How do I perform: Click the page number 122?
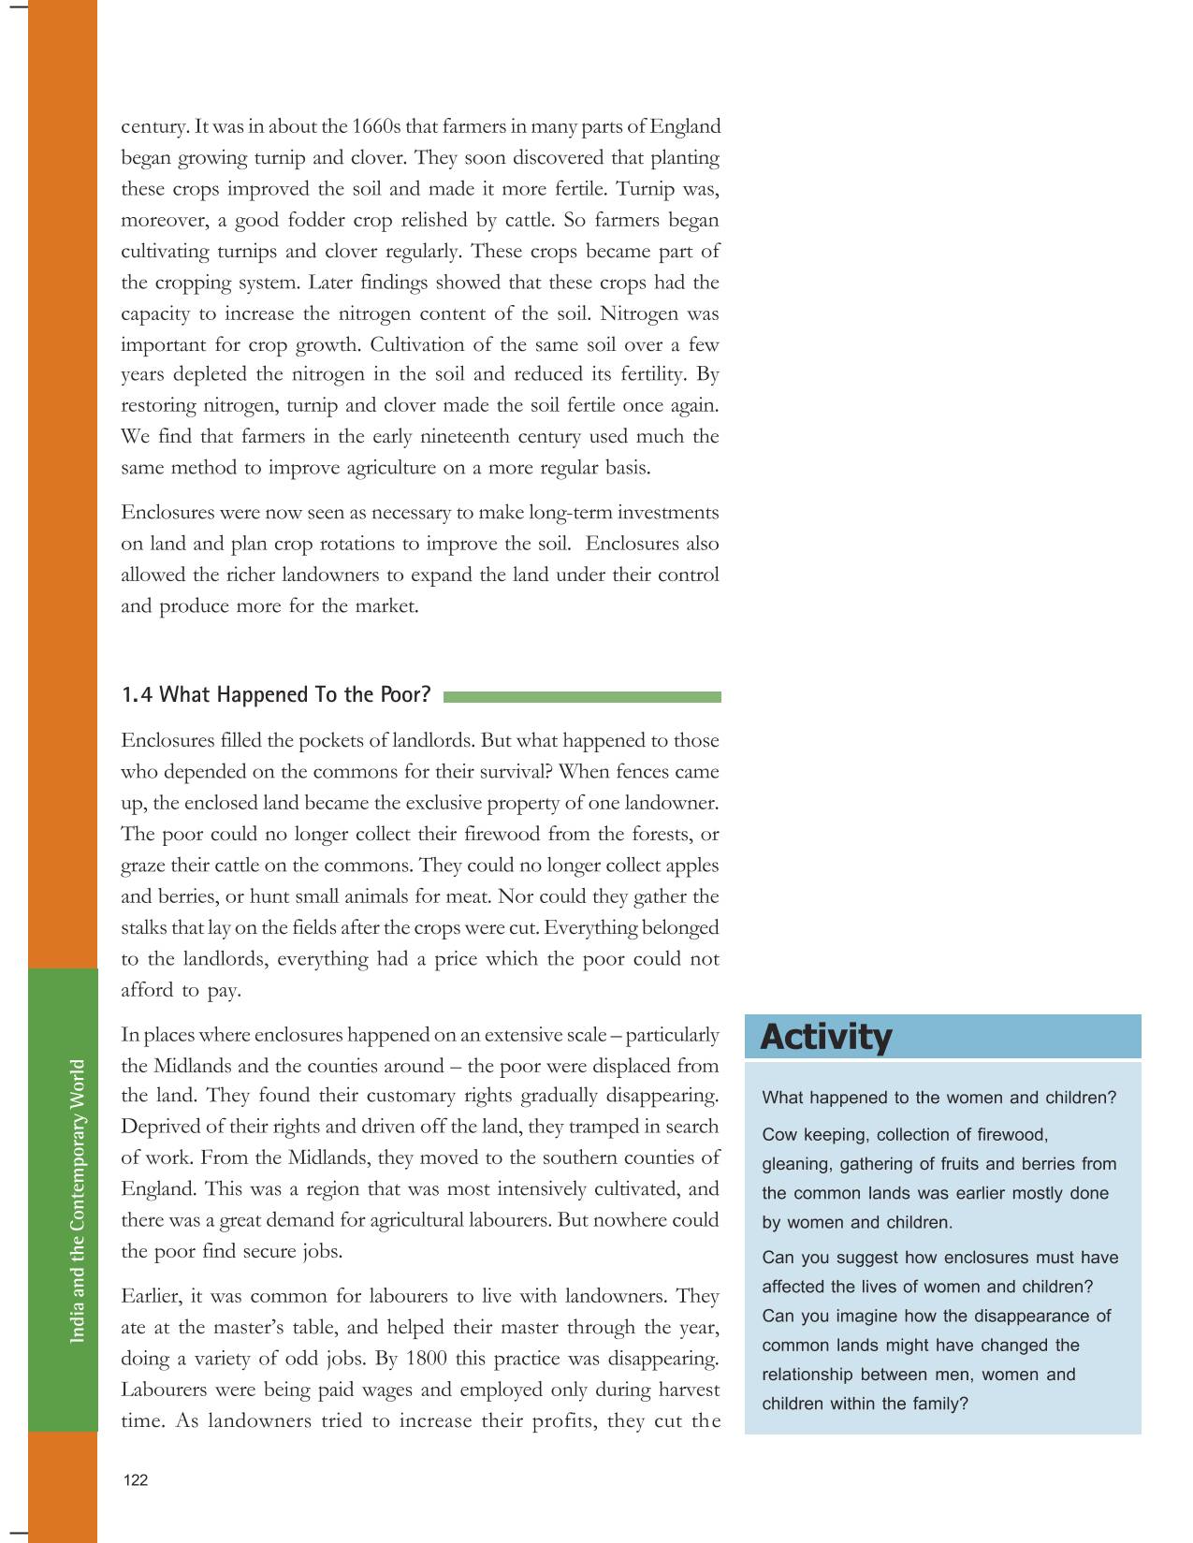point(136,1480)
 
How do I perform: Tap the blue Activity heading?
point(826,1037)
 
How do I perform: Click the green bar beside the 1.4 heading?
point(582,697)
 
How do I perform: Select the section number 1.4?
point(137,694)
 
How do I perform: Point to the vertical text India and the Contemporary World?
point(77,1201)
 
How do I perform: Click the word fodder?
point(303,220)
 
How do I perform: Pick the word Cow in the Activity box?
point(778,1135)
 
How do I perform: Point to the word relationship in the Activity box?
point(807,1375)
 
